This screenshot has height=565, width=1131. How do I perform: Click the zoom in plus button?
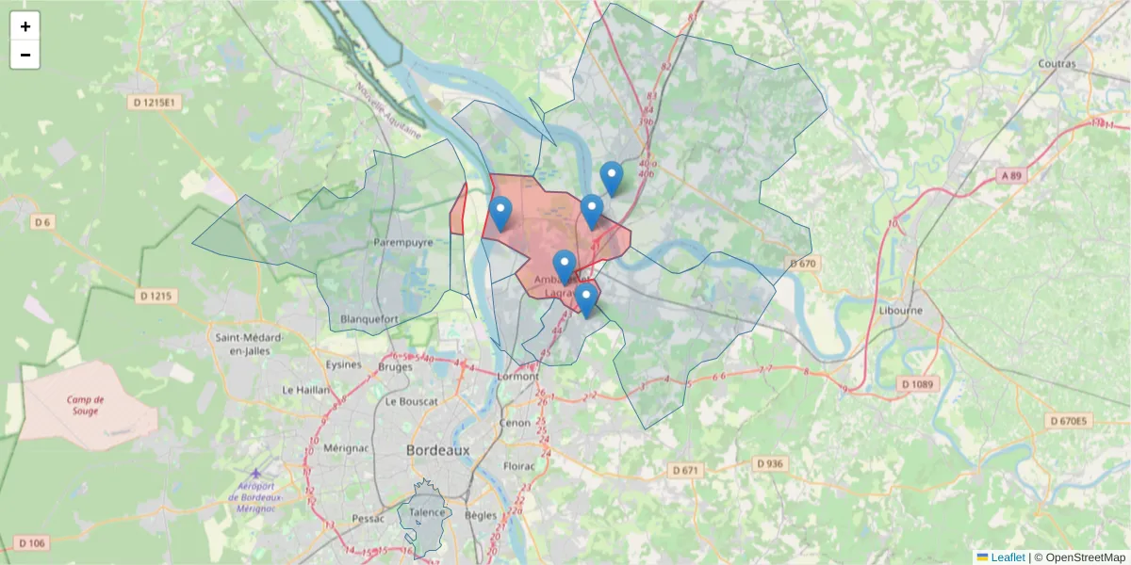(25, 26)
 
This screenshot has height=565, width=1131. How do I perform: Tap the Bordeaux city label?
(437, 451)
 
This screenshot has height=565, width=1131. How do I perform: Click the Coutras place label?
(1057, 64)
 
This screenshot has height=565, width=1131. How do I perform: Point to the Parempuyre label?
(402, 242)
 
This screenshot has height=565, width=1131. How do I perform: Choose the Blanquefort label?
(369, 318)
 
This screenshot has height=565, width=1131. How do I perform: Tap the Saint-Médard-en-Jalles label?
(243, 345)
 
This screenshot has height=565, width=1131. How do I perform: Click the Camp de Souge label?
(86, 405)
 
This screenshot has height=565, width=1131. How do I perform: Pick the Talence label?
(426, 512)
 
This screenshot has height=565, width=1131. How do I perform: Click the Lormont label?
(517, 376)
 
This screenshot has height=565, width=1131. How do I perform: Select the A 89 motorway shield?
(1011, 176)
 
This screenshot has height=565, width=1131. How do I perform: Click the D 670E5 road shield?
(1069, 421)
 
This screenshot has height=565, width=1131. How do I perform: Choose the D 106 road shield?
(31, 543)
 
